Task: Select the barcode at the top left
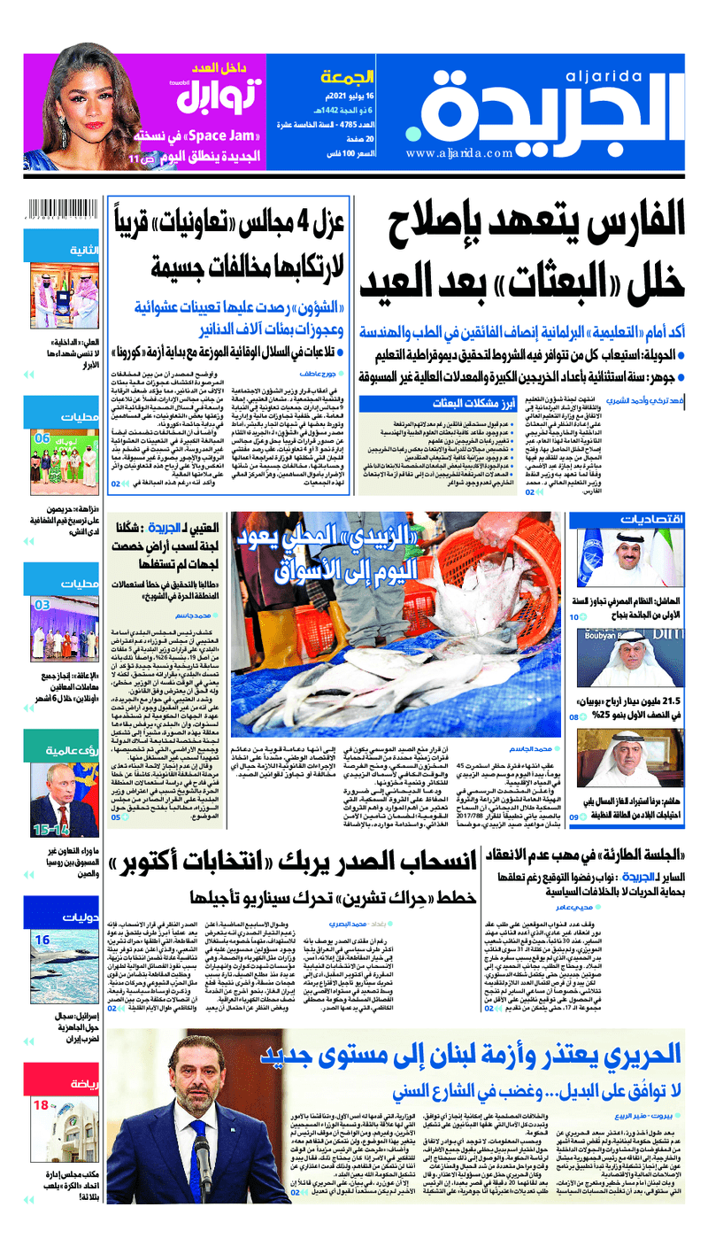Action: (61, 213)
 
